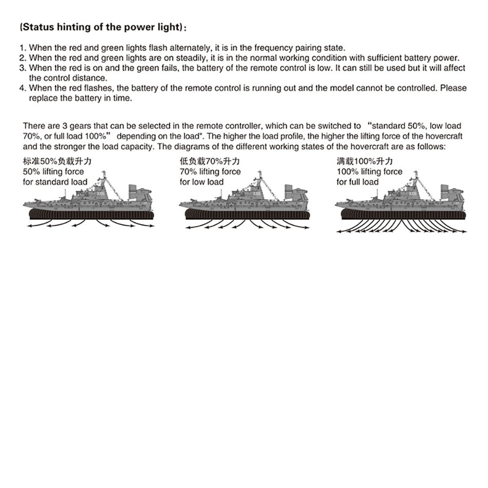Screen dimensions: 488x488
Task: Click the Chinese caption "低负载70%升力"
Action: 209,162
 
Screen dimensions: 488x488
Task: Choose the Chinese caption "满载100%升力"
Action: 365,162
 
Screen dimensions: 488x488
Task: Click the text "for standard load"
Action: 55,182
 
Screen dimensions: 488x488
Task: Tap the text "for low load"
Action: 202,182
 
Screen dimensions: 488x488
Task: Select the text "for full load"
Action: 358,182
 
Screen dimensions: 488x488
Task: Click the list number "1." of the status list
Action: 22,48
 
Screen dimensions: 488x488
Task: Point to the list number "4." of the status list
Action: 22,88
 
